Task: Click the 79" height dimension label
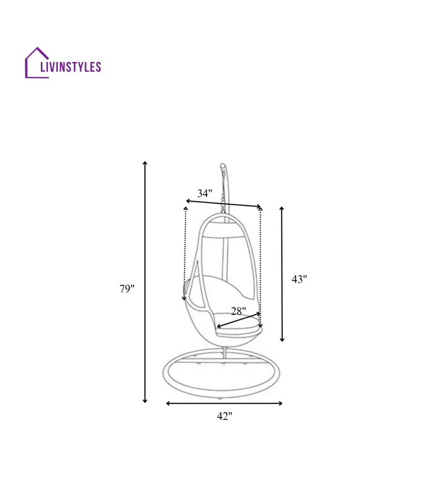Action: [127, 288]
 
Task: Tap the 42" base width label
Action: [225, 416]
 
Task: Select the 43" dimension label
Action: [299, 279]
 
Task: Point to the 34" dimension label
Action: [205, 193]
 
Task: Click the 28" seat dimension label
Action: [239, 312]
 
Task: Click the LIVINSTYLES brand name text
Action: [70, 67]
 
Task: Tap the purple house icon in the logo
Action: [37, 63]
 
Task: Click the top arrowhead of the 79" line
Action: [145, 163]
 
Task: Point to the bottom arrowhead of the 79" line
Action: [145, 400]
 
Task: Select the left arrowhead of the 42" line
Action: [168, 403]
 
